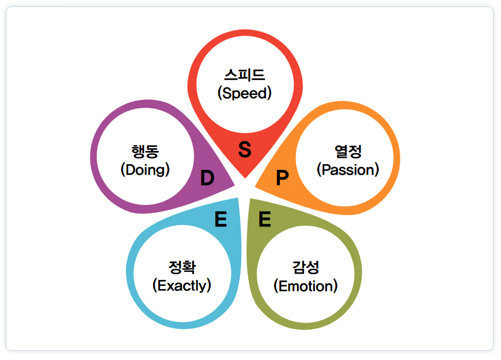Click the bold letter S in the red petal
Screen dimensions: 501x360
[x=245, y=149]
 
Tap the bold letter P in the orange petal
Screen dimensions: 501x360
[x=282, y=178]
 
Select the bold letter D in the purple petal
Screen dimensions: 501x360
[x=207, y=178]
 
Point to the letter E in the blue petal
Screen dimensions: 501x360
[x=221, y=219]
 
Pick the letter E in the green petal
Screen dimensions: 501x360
[x=265, y=219]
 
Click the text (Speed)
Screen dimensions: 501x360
[x=245, y=93]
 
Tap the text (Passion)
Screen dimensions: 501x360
[x=348, y=170]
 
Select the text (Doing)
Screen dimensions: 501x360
[x=145, y=170]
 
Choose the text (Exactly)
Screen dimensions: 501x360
[x=182, y=286]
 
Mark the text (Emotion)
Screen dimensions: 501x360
[x=306, y=286]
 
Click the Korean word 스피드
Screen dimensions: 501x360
[x=245, y=75]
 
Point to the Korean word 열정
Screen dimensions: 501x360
[x=348, y=151]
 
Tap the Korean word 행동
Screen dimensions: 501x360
[x=145, y=151]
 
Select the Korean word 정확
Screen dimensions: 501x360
[x=182, y=267]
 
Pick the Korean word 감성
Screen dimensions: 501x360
[x=306, y=267]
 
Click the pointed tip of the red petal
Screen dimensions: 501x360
[x=245, y=178]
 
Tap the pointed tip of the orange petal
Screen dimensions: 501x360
[x=255, y=187]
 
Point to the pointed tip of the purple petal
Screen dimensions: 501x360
[x=235, y=185]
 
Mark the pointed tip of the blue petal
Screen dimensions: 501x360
[x=237, y=198]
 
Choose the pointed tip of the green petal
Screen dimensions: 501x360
[x=250, y=199]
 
